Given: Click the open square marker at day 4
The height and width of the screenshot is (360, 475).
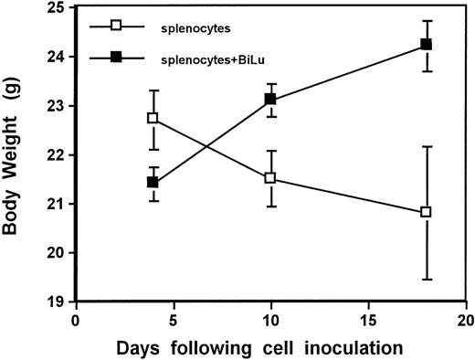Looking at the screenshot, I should (153, 118).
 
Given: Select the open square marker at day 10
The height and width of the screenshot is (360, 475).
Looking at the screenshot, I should (269, 178).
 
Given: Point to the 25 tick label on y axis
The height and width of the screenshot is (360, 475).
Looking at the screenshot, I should (58, 8).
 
